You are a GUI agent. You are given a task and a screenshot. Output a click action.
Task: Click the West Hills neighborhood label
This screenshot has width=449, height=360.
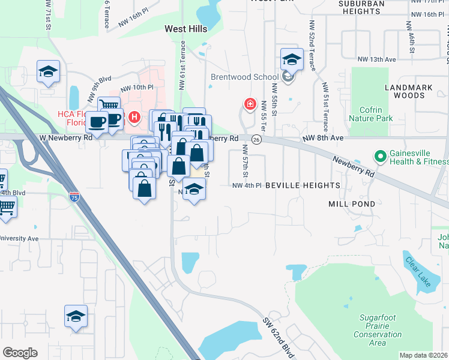click(185, 29)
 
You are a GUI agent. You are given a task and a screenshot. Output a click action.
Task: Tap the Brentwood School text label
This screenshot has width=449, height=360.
click(244, 77)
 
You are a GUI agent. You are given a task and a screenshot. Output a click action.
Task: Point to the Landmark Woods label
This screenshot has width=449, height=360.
click(409, 91)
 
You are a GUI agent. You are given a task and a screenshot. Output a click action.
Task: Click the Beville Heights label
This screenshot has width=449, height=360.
click(303, 185)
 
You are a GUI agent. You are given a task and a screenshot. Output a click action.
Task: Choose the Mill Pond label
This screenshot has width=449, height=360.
click(352, 204)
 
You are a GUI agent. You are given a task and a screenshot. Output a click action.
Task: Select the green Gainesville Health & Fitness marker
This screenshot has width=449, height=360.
click(380, 157)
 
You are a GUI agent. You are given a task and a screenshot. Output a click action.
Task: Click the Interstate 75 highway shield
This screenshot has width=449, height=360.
click(74, 196)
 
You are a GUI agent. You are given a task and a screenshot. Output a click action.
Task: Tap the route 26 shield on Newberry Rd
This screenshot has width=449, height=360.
click(256, 139)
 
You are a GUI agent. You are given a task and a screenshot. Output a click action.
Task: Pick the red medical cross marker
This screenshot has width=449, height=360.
click(249, 104)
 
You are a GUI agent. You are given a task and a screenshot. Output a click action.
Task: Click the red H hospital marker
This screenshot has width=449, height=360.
click(135, 117)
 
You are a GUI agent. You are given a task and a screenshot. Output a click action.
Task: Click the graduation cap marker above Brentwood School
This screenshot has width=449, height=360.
click(291, 59)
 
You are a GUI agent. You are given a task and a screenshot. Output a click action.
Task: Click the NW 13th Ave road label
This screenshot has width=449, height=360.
click(377, 59)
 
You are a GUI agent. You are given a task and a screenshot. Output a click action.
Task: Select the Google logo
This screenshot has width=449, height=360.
click(20, 353)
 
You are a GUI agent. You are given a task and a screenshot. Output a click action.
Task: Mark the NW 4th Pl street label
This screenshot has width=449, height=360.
click(247, 185)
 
